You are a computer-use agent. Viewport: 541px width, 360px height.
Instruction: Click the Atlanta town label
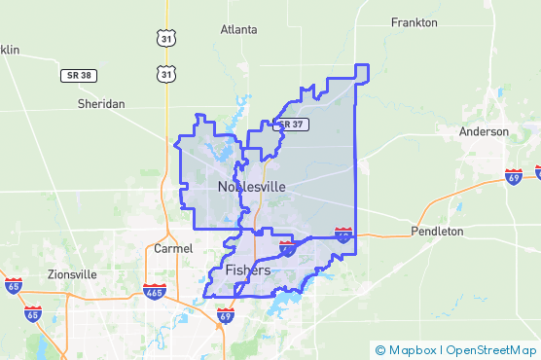[x=238, y=29]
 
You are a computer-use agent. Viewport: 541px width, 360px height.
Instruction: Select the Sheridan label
[x=101, y=103]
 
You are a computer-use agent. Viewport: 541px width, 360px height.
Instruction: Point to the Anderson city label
[x=485, y=131]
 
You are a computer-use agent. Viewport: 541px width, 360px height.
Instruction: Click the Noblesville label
[x=252, y=186]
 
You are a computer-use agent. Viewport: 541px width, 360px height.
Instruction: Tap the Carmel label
[x=173, y=248]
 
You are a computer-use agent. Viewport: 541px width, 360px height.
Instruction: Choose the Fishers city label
[x=247, y=270]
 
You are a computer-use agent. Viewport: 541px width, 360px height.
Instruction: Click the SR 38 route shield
[x=81, y=75]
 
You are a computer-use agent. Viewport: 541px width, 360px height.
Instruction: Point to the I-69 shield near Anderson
[x=514, y=176]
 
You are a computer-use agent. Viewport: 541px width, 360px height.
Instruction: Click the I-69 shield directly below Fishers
[x=226, y=315]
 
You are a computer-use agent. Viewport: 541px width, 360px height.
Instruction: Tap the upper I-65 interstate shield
[x=13, y=286]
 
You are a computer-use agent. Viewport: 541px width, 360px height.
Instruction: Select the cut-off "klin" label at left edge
[x=9, y=50]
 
